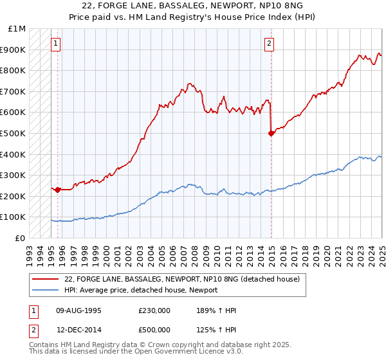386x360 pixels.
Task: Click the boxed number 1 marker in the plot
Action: pyautogui.click(x=56, y=44)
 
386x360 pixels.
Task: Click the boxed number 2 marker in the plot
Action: pyautogui.click(x=268, y=44)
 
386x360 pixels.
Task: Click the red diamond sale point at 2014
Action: pyautogui.click(x=271, y=133)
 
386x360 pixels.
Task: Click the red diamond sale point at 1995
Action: pyautogui.click(x=58, y=190)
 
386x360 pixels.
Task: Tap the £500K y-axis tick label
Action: pyautogui.click(x=14, y=134)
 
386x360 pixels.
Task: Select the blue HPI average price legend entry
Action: pyautogui.click(x=141, y=290)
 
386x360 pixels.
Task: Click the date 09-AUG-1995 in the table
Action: pyautogui.click(x=78, y=310)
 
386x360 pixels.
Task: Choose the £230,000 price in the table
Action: pyautogui.click(x=154, y=310)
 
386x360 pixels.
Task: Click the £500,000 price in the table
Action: pyautogui.click(x=154, y=330)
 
